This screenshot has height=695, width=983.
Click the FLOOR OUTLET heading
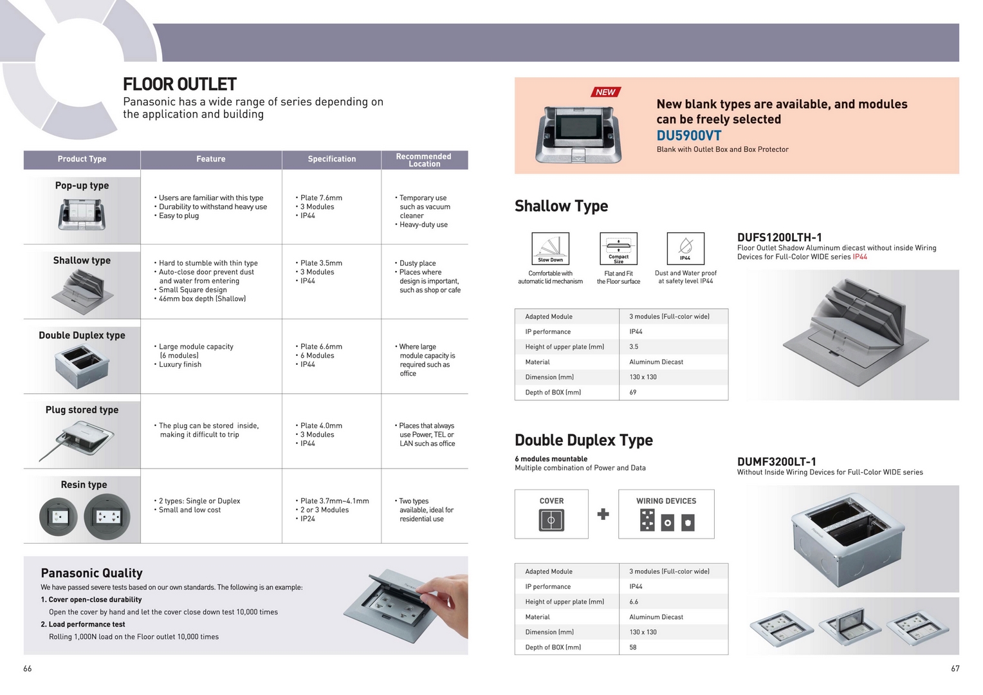(x=179, y=84)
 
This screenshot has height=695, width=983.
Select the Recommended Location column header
(x=424, y=160)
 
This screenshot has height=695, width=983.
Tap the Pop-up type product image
(x=82, y=214)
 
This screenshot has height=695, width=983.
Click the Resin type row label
(x=84, y=485)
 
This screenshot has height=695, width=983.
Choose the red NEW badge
(x=605, y=92)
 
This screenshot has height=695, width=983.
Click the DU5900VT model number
(x=688, y=136)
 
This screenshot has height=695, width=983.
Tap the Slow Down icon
(x=550, y=248)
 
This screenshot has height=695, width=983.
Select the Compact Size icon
(x=618, y=248)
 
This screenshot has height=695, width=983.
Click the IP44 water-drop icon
(x=685, y=248)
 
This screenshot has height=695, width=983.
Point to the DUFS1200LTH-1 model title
(x=779, y=237)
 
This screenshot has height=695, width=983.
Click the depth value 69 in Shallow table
(x=633, y=393)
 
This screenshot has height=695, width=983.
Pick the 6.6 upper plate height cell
(x=634, y=602)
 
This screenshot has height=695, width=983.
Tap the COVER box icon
(x=551, y=520)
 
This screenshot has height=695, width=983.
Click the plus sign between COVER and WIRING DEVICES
(x=603, y=514)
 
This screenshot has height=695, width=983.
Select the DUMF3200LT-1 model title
(x=776, y=461)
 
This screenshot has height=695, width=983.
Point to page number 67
(x=955, y=669)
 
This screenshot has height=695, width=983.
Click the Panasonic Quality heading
(x=91, y=573)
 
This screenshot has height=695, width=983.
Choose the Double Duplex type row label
(x=82, y=335)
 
